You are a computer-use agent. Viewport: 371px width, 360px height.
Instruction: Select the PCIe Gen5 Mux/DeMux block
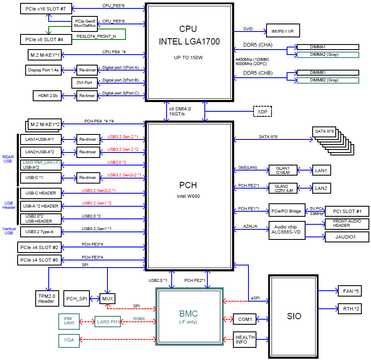[85, 23]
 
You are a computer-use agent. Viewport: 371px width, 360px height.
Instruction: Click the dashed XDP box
[262, 112]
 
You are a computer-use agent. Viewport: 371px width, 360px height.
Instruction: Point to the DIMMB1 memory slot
[328, 73]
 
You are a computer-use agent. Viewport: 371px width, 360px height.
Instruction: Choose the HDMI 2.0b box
[47, 96]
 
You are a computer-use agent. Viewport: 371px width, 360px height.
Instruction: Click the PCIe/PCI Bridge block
[286, 211]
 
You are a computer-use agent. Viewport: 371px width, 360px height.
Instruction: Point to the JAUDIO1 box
[345, 237]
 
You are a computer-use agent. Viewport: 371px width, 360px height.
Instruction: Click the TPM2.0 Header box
[46, 298]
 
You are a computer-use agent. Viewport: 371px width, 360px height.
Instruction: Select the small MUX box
[108, 299]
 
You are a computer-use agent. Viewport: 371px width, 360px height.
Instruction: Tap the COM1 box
[244, 320]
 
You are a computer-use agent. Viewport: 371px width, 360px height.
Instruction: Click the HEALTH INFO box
[245, 340]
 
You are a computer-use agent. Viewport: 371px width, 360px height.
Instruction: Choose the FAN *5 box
[349, 290]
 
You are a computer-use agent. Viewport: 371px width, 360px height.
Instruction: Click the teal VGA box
[69, 340]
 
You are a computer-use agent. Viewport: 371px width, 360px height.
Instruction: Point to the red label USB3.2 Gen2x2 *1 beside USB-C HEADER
[99, 191]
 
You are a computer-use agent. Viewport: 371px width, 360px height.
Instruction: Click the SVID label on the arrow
[248, 29]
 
